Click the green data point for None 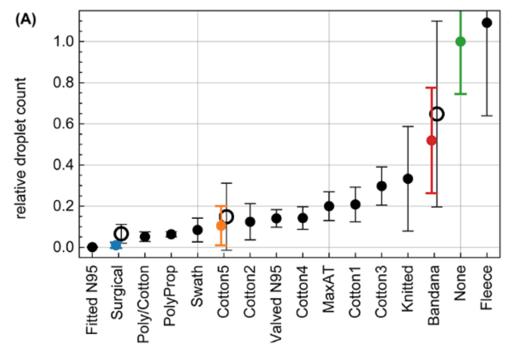point(460,41)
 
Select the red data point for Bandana point(431,140)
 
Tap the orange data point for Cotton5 point(221,226)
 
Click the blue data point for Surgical point(116,245)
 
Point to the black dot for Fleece point(487,23)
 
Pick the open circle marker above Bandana point(437,114)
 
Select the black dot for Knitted point(408,179)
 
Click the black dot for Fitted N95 point(93,247)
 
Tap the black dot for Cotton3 point(381,186)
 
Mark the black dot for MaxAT point(329,206)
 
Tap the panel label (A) point(26,20)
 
